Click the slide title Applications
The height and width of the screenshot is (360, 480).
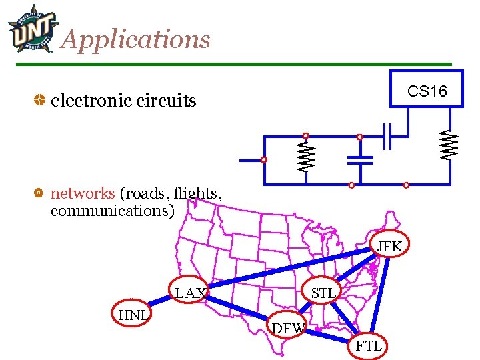click(x=135, y=40)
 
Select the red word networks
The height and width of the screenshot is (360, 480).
click(x=83, y=193)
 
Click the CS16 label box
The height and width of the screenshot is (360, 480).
click(x=427, y=91)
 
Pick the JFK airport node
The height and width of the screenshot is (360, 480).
click(x=389, y=247)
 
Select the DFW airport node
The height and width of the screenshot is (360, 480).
click(x=288, y=327)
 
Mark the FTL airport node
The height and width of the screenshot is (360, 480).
click(x=369, y=345)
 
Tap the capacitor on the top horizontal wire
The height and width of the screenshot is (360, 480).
click(x=387, y=137)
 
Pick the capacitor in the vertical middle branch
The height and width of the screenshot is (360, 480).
click(x=360, y=160)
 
